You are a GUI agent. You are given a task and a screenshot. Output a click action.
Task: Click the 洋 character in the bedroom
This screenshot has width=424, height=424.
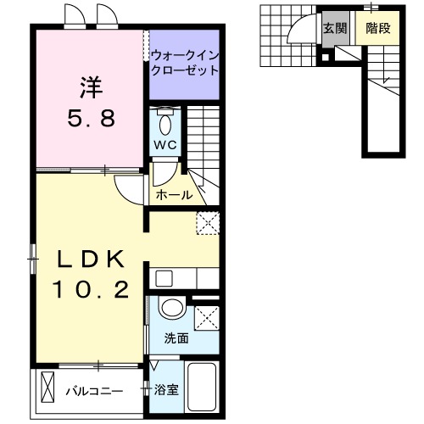pos(91,88)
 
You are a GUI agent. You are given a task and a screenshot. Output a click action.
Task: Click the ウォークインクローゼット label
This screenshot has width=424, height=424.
pos(185,64)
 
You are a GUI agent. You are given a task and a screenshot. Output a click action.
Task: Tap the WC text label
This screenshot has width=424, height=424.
pos(165,145)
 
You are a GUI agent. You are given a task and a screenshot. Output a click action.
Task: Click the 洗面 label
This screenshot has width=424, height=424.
pos(176,338)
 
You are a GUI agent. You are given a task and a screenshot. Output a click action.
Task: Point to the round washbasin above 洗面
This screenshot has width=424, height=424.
pos(172,309)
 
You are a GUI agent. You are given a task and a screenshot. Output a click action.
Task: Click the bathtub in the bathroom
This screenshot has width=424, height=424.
pos(202,386)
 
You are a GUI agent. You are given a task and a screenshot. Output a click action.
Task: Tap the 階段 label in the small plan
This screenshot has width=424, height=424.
pos(377,29)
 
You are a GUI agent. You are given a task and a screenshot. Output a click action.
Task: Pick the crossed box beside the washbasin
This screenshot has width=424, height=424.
pos(206,318)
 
